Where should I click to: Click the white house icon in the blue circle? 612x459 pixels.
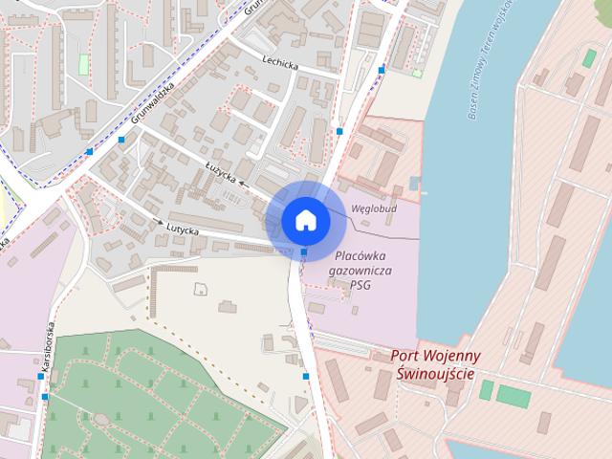coord(306,220)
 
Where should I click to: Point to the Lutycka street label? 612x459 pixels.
coord(182,229)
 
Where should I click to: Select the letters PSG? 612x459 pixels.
coord(361,285)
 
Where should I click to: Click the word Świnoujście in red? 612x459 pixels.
coord(435,373)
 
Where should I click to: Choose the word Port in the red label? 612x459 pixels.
coord(405,356)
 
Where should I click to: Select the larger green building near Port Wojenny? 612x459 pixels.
coord(514,396)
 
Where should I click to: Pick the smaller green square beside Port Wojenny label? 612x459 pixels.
coord(487,389)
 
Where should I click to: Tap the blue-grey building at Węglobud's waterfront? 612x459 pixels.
coord(414,182)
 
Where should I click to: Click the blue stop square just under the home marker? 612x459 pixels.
coord(304,252)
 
